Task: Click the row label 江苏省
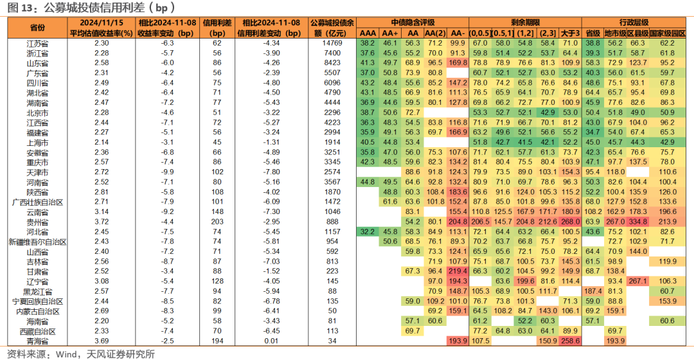38,44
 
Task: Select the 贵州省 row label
38,222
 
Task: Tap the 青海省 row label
38,341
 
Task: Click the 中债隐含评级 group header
413,22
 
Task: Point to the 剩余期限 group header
525,22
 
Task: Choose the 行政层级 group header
634,22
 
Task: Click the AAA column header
368,33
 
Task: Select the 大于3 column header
570,33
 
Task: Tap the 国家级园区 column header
668,33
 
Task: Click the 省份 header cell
38,28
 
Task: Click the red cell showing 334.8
637,222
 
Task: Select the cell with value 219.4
458,271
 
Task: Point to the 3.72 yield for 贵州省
102,222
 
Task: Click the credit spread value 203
217,222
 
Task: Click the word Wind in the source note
66,354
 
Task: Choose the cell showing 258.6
570,341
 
